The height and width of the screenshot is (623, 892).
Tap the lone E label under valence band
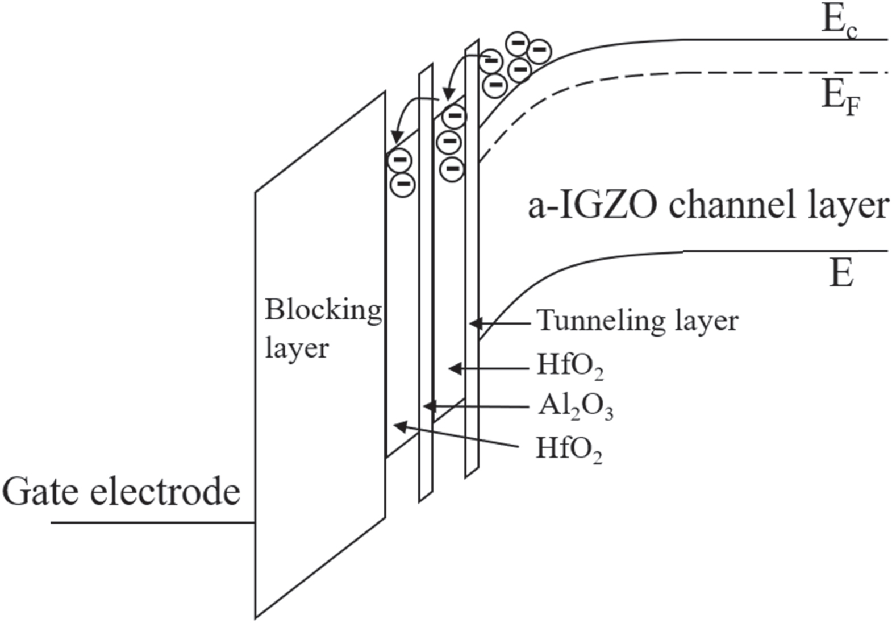(x=841, y=275)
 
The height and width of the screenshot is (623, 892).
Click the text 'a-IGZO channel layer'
(x=707, y=206)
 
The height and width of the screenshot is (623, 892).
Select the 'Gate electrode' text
(x=121, y=492)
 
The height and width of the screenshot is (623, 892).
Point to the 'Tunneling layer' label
(x=637, y=322)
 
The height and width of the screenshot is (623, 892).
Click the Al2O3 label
(x=576, y=407)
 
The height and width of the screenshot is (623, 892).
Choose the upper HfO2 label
(x=570, y=367)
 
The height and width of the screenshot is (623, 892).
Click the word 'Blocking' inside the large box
(x=323, y=311)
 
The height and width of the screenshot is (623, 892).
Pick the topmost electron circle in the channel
(x=518, y=43)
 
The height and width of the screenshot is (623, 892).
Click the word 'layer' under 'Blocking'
(x=297, y=348)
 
